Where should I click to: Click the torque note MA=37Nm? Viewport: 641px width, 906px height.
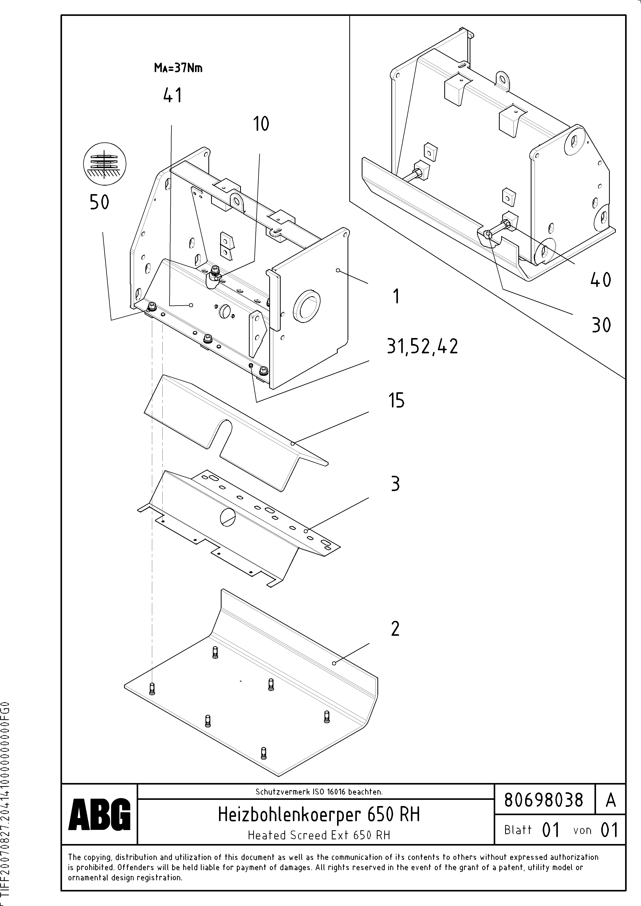pos(178,68)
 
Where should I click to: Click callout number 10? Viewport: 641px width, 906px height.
pos(261,124)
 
